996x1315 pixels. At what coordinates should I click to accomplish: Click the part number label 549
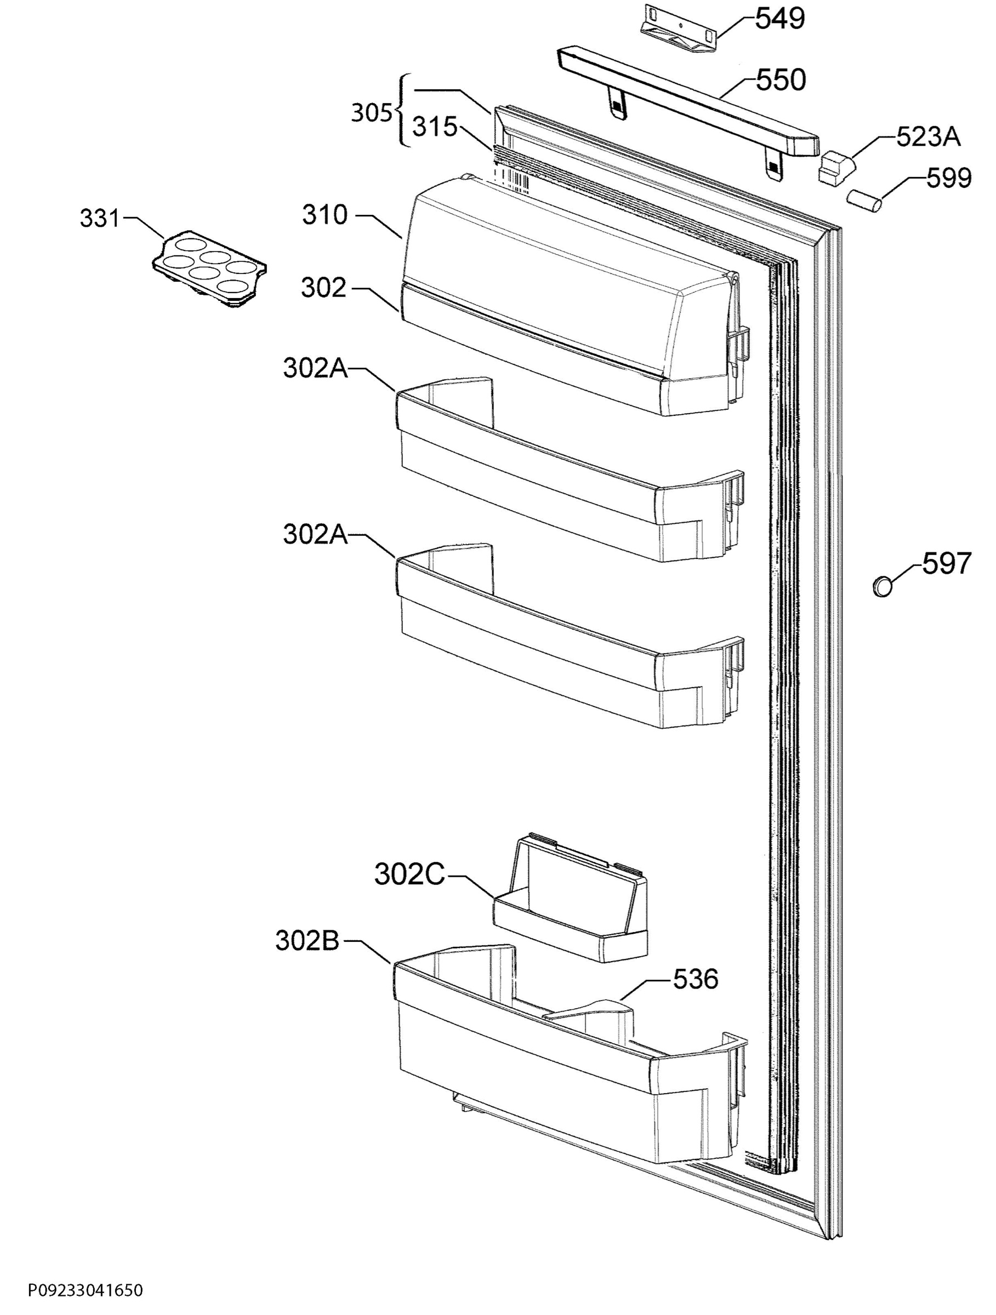[x=780, y=19]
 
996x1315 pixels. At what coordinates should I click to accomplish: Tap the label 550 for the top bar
[x=781, y=79]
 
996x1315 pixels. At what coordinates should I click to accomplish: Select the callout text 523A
[x=927, y=138]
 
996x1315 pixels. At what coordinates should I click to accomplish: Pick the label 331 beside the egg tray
[x=100, y=219]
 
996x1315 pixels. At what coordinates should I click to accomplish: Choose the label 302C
[x=409, y=874]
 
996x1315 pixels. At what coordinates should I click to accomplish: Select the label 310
[x=324, y=215]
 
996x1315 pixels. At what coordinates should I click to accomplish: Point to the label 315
[x=435, y=127]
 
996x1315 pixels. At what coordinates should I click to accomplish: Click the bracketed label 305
[x=371, y=113]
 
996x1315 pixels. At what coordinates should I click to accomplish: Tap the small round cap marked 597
[x=883, y=586]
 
